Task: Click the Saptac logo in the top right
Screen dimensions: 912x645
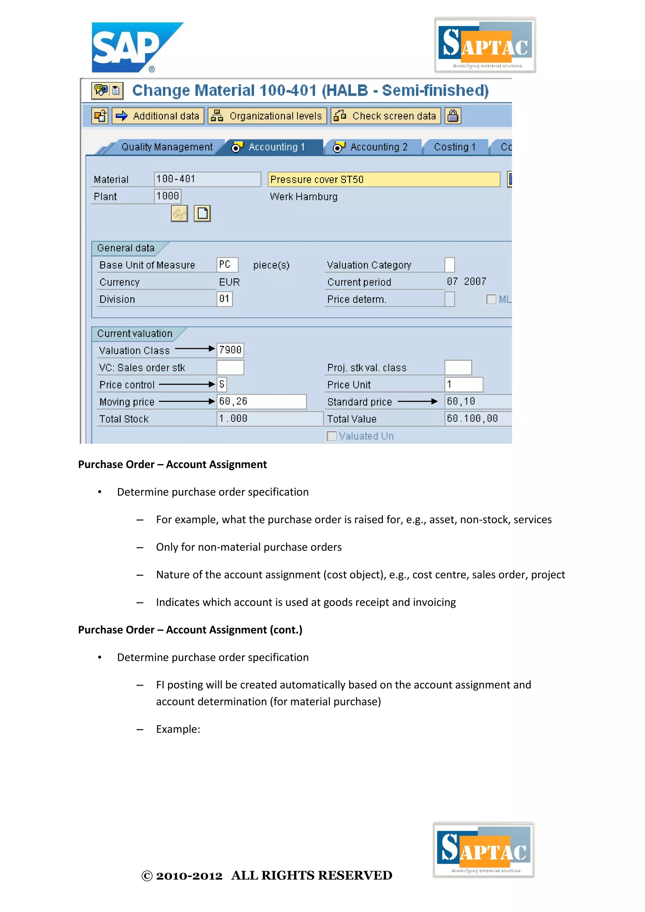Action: click(x=485, y=45)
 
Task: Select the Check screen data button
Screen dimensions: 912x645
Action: click(x=386, y=116)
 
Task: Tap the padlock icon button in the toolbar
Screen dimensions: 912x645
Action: click(x=453, y=116)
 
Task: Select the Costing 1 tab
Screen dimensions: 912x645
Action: click(x=454, y=147)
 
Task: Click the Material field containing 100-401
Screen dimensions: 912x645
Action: click(x=207, y=179)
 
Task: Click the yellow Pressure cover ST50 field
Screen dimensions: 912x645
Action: click(x=383, y=180)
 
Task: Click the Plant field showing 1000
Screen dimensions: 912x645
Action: click(x=168, y=196)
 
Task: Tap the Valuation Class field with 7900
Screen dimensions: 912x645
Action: click(x=230, y=350)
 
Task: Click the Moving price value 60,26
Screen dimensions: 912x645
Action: click(x=261, y=402)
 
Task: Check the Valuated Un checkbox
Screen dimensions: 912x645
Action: click(x=332, y=436)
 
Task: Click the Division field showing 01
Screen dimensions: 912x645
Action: click(x=225, y=299)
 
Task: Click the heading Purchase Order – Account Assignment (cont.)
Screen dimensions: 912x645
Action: click(x=190, y=630)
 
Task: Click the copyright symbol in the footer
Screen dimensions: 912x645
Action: click(x=147, y=876)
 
